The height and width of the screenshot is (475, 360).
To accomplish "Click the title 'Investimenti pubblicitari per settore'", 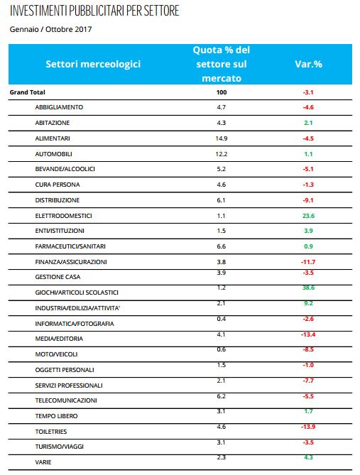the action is [94, 11].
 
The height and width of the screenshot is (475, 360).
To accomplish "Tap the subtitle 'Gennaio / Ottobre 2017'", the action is [50, 29].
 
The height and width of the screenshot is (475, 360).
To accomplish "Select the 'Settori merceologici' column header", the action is [93, 64].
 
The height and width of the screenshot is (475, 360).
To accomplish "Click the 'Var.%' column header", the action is [308, 64].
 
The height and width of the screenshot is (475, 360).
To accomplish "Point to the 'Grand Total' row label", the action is [27, 92].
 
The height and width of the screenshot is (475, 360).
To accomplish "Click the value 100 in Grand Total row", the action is [222, 92].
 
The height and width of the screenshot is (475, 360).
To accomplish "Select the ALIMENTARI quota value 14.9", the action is [222, 138].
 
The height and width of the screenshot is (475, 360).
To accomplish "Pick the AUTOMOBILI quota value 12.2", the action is [222, 154].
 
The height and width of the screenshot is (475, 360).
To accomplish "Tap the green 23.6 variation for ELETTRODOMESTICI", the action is [308, 216].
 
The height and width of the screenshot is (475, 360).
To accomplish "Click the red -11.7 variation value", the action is [308, 262].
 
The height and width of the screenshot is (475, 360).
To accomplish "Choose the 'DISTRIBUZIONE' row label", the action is [58, 200].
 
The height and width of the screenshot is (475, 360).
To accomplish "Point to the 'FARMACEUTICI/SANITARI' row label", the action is [70, 246].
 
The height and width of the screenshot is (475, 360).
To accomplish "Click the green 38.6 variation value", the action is [308, 288].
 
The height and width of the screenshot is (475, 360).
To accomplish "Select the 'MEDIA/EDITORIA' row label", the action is [59, 339].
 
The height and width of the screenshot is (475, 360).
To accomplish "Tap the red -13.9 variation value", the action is [308, 427].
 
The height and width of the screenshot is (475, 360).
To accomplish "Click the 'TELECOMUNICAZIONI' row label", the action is [66, 400].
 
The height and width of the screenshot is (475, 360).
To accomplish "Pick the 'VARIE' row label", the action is [43, 462].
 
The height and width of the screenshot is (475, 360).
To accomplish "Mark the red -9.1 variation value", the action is [308, 200].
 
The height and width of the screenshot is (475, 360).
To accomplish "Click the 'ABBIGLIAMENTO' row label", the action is [59, 107].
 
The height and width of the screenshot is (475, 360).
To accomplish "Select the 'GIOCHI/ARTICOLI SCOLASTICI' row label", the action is [77, 293].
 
